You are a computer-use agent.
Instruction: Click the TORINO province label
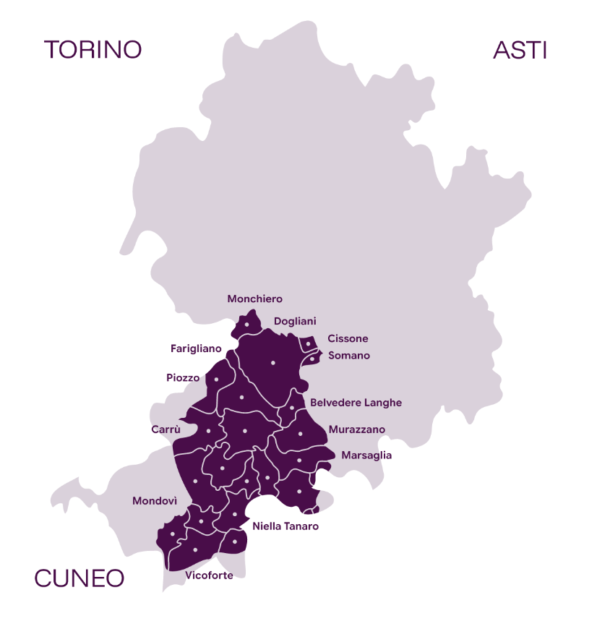point(93,50)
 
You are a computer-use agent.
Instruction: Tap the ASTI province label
point(520,50)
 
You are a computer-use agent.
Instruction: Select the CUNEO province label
point(80,578)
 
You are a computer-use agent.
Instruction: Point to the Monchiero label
point(254,299)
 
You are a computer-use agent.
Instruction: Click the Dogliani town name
point(295,321)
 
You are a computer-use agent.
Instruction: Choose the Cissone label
point(348,338)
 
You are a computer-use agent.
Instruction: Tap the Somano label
point(349,356)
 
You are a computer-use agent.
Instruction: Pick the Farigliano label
point(196,348)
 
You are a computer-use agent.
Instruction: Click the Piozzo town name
point(182,377)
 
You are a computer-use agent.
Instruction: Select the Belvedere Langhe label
point(356,403)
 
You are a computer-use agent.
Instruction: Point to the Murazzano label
point(356,429)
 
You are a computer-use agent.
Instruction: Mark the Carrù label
point(166,429)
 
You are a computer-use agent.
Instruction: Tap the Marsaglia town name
point(366,455)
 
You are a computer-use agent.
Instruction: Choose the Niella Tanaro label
point(285,526)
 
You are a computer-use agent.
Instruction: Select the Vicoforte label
point(209,575)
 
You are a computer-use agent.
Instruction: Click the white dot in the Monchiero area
point(246,325)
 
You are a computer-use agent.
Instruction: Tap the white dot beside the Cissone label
point(309,344)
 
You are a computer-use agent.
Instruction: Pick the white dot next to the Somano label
point(312,358)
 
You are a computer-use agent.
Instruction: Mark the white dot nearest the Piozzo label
point(216,379)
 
